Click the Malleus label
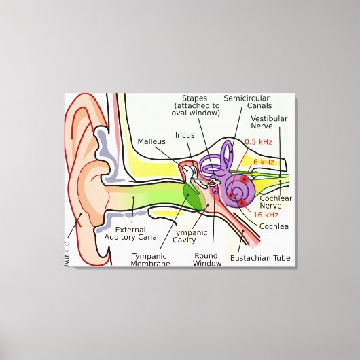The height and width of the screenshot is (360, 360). (151, 141)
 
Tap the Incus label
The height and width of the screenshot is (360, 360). (185, 135)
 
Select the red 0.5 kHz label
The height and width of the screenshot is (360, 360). (259, 142)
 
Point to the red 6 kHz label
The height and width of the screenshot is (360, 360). (264, 162)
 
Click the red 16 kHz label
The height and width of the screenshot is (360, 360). (266, 215)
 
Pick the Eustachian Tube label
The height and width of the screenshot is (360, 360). (260, 258)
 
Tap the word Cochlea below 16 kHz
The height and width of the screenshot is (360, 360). (274, 226)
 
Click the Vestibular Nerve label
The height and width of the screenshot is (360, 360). (269, 122)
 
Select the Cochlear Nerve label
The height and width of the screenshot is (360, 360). (276, 202)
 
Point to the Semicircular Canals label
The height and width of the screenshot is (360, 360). (247, 102)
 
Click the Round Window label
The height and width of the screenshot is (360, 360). (207, 259)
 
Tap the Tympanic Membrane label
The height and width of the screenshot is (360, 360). (150, 260)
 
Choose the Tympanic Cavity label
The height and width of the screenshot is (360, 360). (190, 236)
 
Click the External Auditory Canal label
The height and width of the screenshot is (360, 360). (132, 234)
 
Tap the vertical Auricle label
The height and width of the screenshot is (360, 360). (67, 254)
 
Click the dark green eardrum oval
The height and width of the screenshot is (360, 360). (194, 197)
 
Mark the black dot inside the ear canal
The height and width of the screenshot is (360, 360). (133, 198)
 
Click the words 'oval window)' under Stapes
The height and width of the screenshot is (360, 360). (196, 113)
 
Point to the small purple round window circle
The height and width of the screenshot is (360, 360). (215, 190)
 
